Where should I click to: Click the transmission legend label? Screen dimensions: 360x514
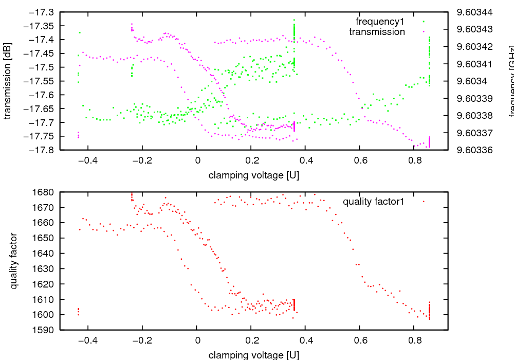pyautogui.click(x=377, y=32)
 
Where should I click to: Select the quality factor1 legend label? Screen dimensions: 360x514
pyautogui.click(x=373, y=202)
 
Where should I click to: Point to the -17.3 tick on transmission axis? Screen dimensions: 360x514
pyautogui.click(x=43, y=12)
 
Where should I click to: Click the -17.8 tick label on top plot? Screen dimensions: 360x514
pyautogui.click(x=43, y=150)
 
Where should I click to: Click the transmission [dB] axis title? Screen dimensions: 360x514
pyautogui.click(x=7, y=81)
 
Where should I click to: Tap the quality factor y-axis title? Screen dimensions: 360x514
pyautogui.click(x=14, y=261)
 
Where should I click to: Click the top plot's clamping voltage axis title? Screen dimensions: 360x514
pyautogui.click(x=254, y=175)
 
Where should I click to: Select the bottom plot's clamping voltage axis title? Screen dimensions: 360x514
pyautogui.click(x=254, y=355)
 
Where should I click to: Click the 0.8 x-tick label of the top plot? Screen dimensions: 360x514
pyautogui.click(x=414, y=160)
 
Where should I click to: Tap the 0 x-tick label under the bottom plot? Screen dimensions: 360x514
pyautogui.click(x=197, y=340)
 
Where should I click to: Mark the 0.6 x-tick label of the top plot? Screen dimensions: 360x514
pyautogui.click(x=360, y=160)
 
